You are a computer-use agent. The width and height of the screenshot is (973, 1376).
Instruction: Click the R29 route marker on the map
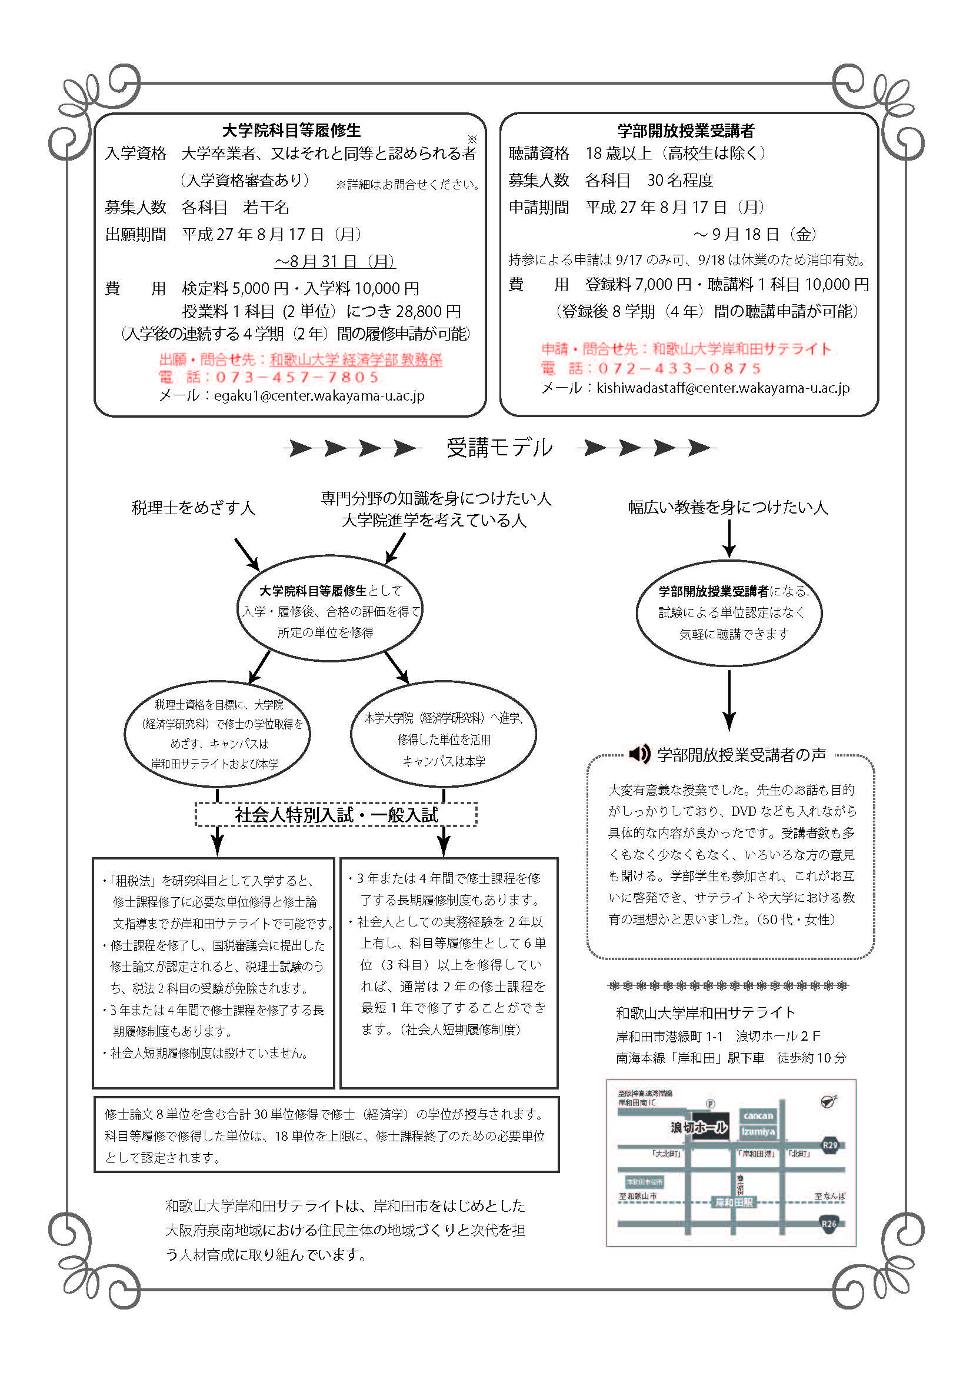(x=829, y=1145)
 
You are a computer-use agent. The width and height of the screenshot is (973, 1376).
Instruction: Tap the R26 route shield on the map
(x=829, y=1224)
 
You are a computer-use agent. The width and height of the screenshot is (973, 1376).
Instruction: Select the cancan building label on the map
(x=758, y=1115)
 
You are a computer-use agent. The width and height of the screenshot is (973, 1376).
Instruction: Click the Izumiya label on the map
(x=758, y=1131)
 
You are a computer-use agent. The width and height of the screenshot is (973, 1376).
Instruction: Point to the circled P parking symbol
(x=710, y=1104)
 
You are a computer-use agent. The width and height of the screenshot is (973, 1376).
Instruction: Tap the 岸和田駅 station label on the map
(x=734, y=1202)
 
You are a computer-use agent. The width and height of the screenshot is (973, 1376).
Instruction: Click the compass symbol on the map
(x=829, y=1101)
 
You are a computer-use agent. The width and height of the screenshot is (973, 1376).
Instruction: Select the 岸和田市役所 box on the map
(x=644, y=1182)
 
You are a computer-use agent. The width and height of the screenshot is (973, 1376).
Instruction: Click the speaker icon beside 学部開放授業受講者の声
(x=639, y=754)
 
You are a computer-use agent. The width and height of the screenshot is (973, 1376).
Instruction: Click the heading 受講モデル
(x=499, y=448)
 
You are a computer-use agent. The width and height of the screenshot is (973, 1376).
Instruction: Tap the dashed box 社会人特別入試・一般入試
(x=336, y=814)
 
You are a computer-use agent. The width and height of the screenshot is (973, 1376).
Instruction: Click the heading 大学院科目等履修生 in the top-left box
(x=291, y=130)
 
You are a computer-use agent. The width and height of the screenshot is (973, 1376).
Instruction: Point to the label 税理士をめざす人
(x=193, y=508)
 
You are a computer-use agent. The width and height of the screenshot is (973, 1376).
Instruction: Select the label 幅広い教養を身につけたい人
(x=728, y=507)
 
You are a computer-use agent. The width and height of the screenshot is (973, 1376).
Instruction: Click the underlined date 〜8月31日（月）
(x=334, y=261)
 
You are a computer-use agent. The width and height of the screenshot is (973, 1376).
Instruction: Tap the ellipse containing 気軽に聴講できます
(x=728, y=613)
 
